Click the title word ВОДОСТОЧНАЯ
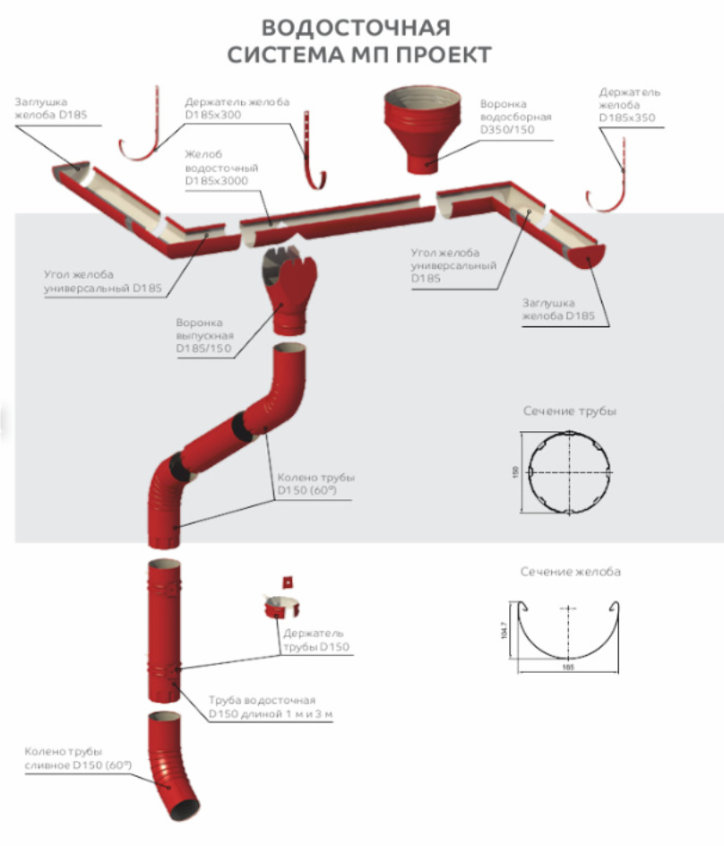click(357, 26)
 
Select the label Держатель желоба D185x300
click(237, 108)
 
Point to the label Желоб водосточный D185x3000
click(216, 168)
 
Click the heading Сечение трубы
click(570, 411)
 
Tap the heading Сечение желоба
click(570, 572)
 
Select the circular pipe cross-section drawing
click(569, 471)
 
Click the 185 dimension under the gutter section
click(569, 668)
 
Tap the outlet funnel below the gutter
click(289, 291)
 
